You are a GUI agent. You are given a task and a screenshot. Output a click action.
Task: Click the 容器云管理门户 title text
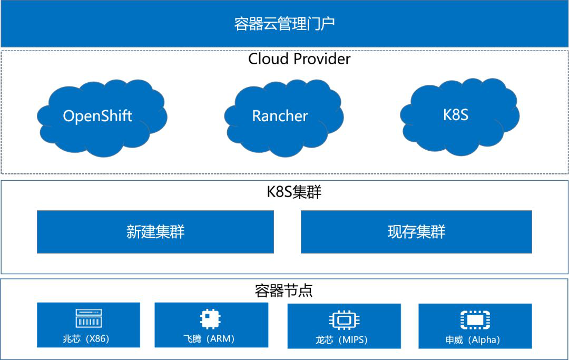(x=284, y=24)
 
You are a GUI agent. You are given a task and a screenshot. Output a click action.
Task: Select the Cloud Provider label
(x=299, y=59)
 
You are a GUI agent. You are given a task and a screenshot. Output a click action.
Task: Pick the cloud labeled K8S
(x=460, y=116)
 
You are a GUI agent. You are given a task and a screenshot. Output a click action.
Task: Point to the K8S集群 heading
(x=295, y=192)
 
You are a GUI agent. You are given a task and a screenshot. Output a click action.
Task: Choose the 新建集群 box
(x=155, y=232)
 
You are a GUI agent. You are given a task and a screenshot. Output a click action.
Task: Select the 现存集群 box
(x=416, y=232)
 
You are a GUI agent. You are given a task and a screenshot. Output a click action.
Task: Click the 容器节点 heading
(x=284, y=290)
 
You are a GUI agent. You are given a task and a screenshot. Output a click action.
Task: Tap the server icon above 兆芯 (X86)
(x=89, y=318)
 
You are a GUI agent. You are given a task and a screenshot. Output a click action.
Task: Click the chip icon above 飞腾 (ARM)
(x=210, y=319)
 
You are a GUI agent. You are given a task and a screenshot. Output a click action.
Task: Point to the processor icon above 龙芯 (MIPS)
(x=344, y=320)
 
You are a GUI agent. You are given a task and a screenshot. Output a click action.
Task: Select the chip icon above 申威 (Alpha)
(x=475, y=320)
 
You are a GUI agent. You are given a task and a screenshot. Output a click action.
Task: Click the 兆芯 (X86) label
(x=86, y=339)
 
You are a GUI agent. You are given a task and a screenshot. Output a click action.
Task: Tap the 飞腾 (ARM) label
(x=209, y=339)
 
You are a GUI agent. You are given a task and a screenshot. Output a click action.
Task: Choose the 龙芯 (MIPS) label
(x=341, y=340)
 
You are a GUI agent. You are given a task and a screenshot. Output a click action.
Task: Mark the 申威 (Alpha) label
(x=473, y=340)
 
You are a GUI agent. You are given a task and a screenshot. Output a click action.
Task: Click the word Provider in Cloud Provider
(x=322, y=59)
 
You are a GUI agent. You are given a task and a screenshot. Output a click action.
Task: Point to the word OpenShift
(x=97, y=116)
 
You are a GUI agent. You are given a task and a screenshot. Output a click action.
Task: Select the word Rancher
(x=280, y=116)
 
